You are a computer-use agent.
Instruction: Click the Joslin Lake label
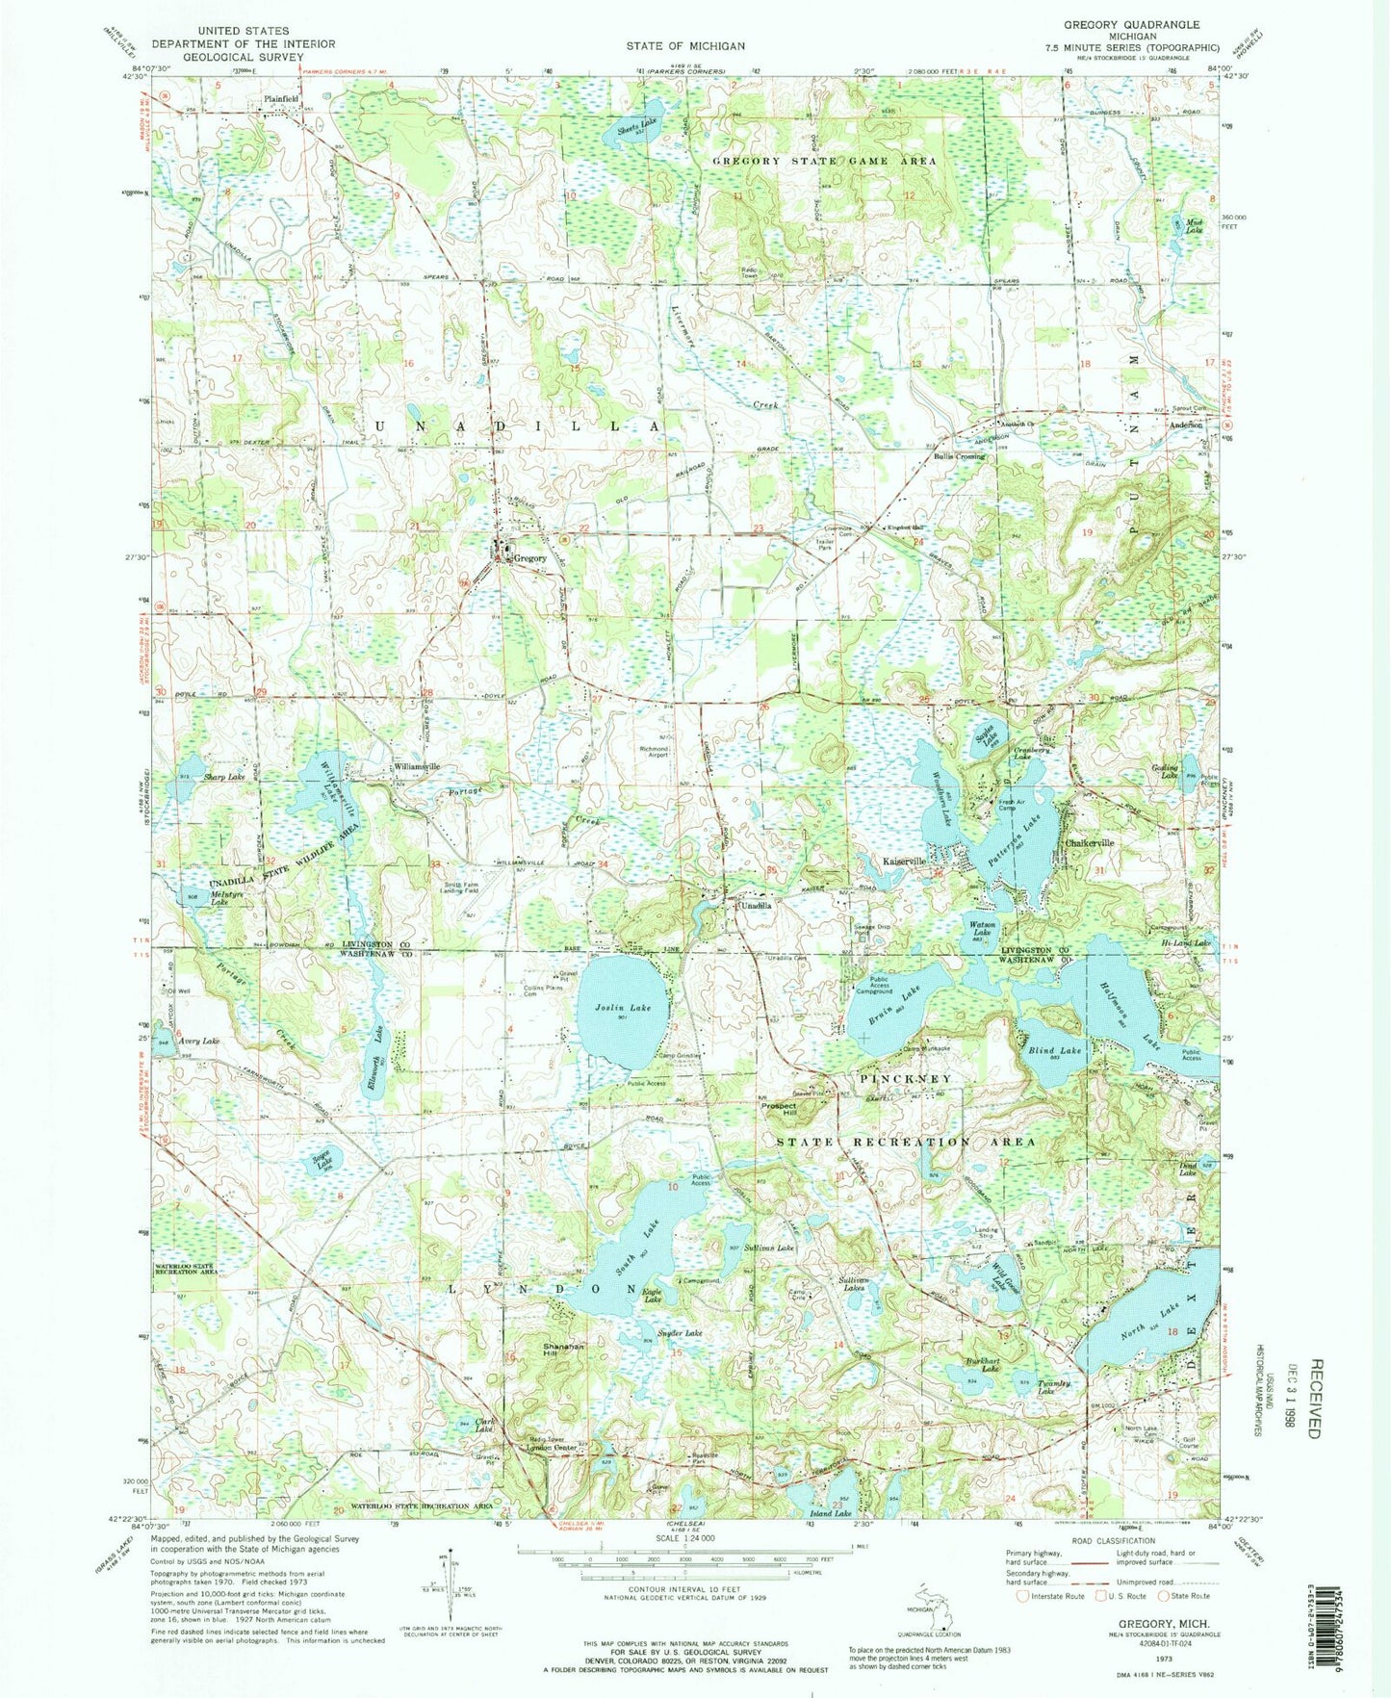tap(628, 1008)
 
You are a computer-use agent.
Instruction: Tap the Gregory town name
tap(529, 558)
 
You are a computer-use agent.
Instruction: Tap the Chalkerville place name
tap(1090, 843)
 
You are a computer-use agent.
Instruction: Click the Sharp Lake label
tap(222, 776)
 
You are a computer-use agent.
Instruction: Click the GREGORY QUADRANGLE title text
tap(1131, 24)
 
